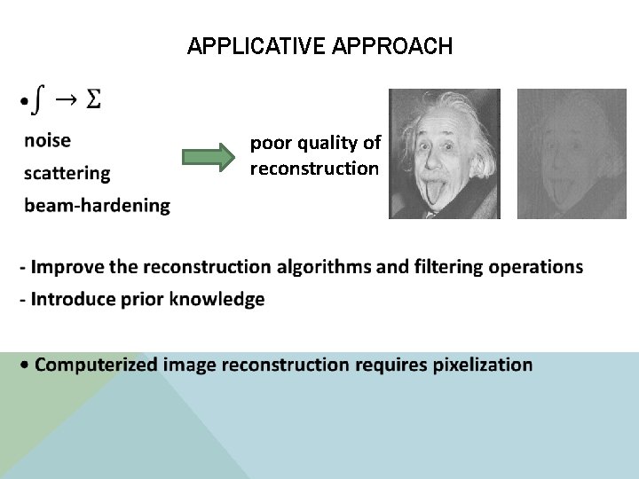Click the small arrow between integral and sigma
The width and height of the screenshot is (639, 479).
point(65,99)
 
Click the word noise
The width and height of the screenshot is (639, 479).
point(48,140)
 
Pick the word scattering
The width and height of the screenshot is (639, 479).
point(67,173)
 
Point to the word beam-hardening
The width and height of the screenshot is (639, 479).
point(97,205)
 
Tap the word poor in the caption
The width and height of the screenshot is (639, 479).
point(267,142)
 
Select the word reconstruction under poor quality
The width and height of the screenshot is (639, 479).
point(314,169)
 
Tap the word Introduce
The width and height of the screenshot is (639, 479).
point(69,299)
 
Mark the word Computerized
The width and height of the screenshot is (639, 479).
point(97,365)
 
